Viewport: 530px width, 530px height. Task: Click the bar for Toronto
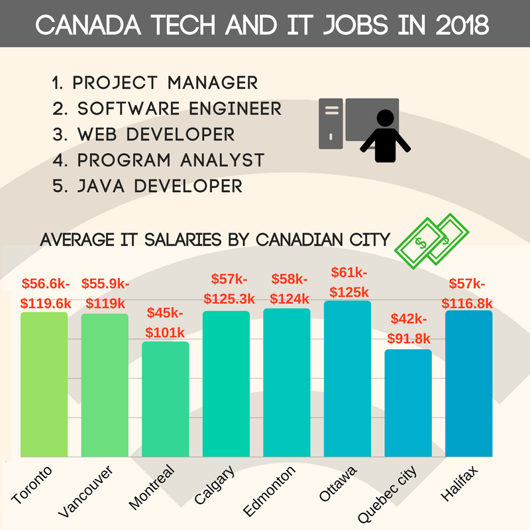point(44,384)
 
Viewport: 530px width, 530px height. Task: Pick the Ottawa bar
point(347,378)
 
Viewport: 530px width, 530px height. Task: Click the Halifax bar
point(469,384)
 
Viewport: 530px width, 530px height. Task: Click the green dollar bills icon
point(431,242)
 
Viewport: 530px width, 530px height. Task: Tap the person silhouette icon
point(384,136)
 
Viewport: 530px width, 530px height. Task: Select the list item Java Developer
point(146,185)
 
